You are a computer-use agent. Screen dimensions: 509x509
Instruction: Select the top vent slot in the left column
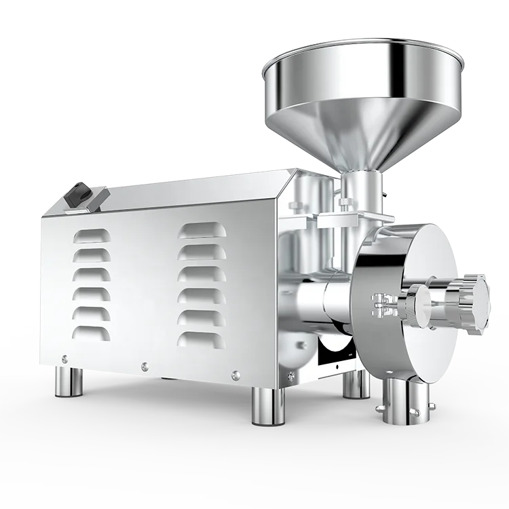tap(94, 235)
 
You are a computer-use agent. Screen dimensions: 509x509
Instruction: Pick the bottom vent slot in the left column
tap(94, 333)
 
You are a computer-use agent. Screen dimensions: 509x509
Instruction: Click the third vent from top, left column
tap(94, 274)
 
